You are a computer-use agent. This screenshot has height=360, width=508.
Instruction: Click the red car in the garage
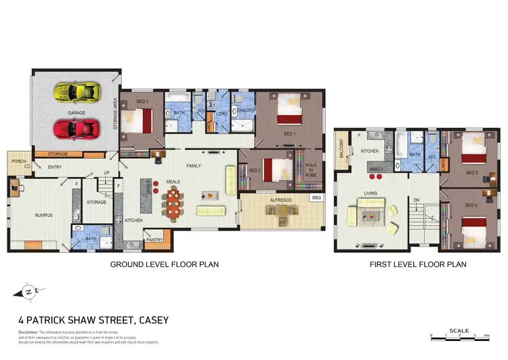coord(76,127)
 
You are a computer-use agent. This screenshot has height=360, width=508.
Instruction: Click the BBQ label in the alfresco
coord(316,198)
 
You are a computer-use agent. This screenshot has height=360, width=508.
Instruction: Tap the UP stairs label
coord(106,172)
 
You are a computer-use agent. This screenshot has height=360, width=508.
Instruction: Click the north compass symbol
coord(24,292)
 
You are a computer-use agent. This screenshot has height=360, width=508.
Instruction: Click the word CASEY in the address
coord(148,319)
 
